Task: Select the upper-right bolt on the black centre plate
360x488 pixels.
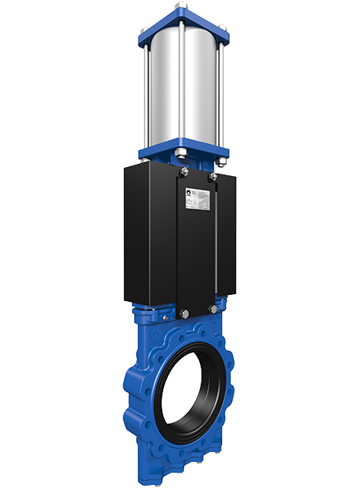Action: click(213, 178)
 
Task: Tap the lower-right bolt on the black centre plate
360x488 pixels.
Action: click(213, 310)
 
